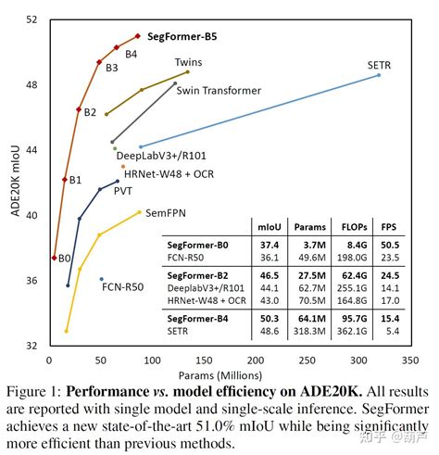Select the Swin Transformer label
click(x=218, y=91)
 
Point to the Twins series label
click(x=189, y=61)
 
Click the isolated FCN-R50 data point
click(x=101, y=279)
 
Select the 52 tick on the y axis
click(x=31, y=19)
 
